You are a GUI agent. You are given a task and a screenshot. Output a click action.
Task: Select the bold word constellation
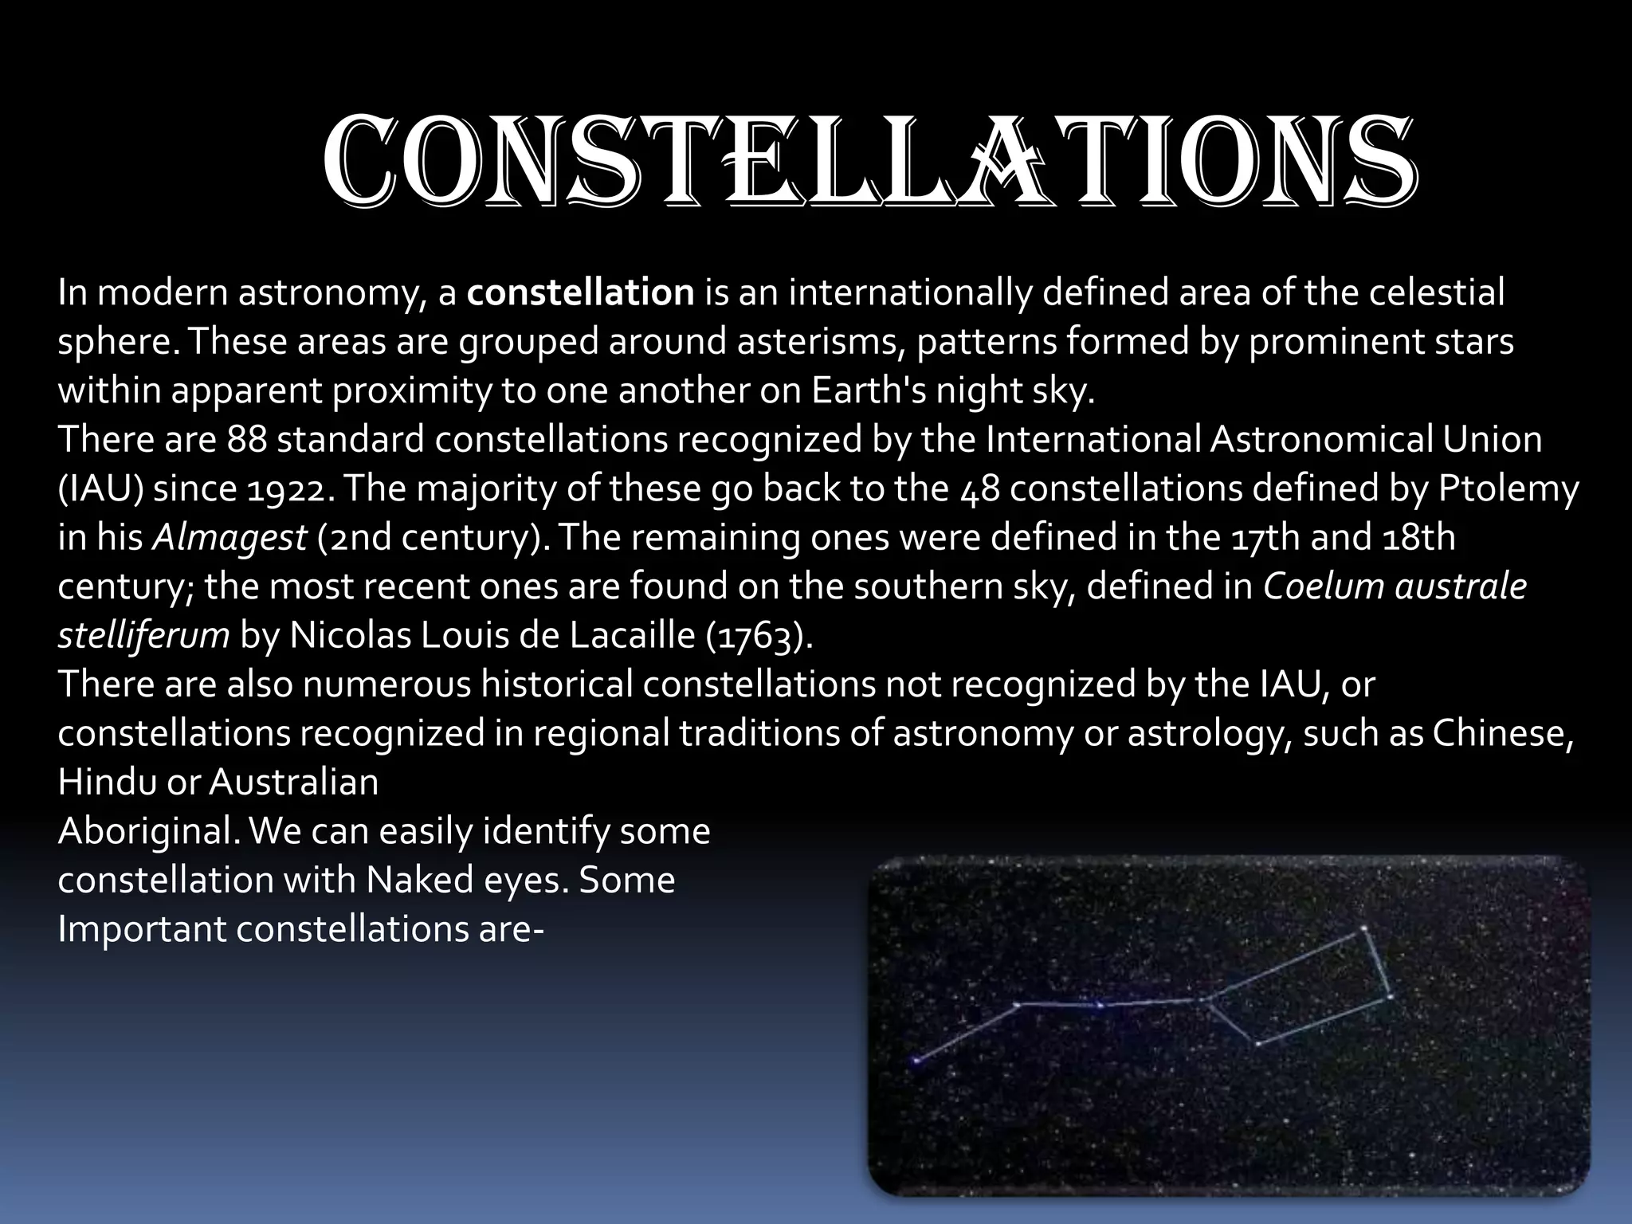pos(580,293)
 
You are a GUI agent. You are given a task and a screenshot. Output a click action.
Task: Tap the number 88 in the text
pos(246,440)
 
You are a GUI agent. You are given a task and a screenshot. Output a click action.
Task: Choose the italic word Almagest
pos(229,538)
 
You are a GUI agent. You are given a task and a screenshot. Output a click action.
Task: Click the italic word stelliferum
pos(143,636)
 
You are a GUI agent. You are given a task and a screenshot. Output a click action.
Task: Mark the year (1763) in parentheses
pos(759,636)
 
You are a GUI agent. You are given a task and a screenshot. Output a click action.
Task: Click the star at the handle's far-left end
pos(916,1061)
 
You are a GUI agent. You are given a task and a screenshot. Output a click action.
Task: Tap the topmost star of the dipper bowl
pos(1364,928)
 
